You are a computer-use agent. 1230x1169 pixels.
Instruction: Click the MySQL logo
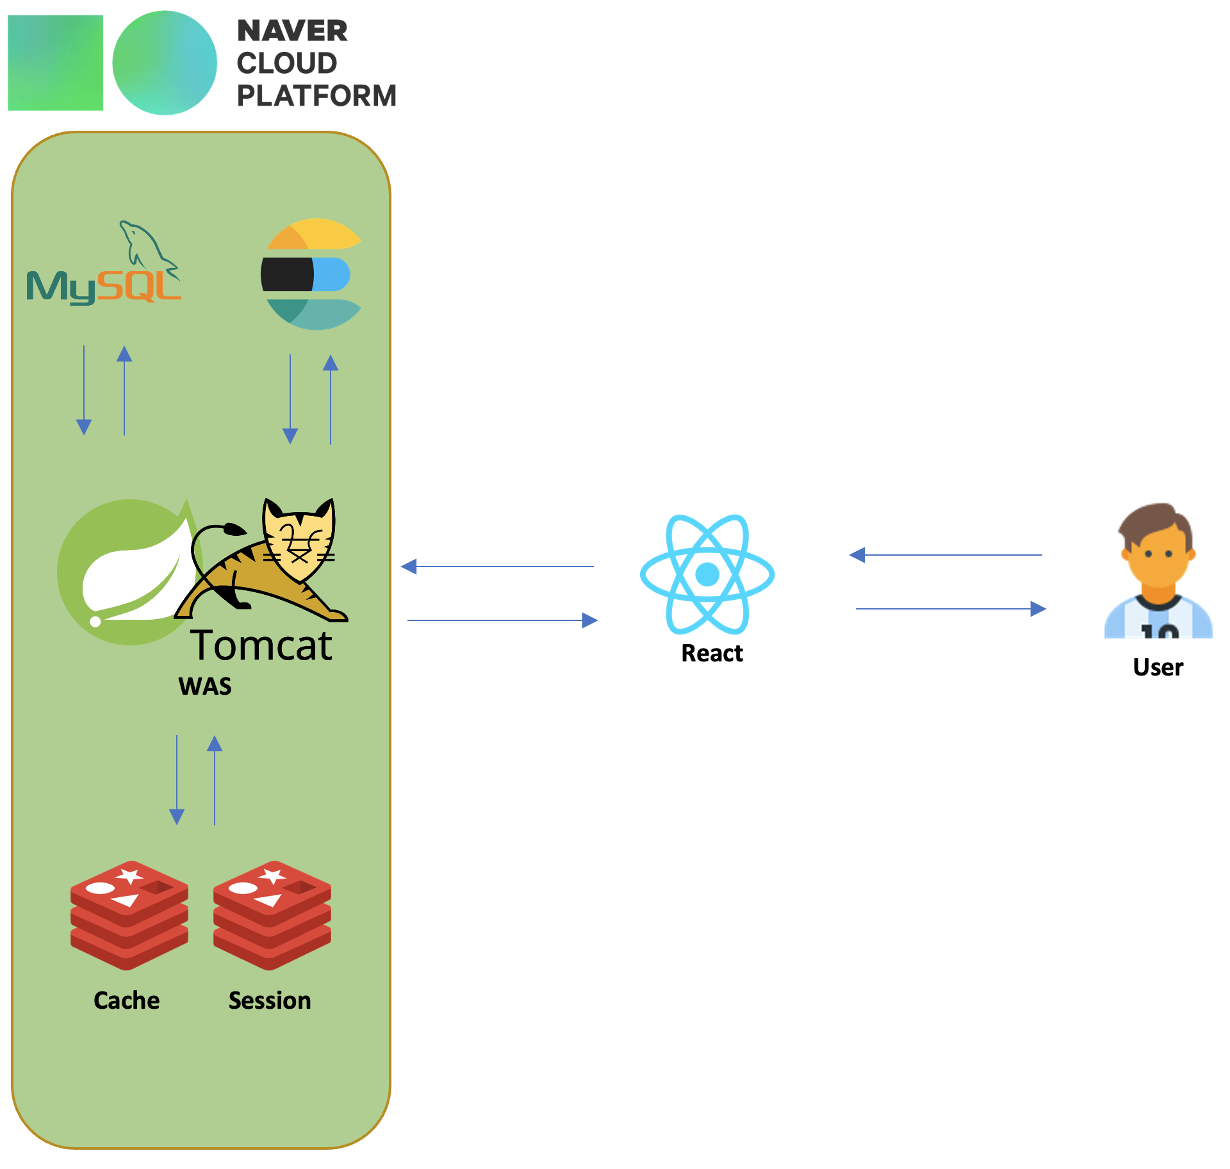click(x=104, y=269)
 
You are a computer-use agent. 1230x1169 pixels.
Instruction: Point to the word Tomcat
click(x=261, y=645)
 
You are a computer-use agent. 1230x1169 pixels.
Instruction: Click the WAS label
click(x=205, y=686)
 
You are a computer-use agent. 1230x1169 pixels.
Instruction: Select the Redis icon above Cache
click(x=129, y=915)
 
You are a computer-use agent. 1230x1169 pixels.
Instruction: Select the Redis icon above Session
click(x=272, y=915)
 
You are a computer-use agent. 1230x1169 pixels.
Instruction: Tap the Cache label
click(x=127, y=1000)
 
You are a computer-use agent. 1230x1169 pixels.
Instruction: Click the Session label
click(x=270, y=1000)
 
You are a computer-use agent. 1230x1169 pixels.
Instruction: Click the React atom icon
click(x=707, y=574)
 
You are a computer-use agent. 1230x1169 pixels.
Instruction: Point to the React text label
click(x=712, y=653)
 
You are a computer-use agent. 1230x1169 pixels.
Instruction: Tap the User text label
click(x=1158, y=667)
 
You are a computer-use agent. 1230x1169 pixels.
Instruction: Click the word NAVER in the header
click(x=292, y=31)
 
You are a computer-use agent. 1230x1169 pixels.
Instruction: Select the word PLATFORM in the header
click(x=316, y=95)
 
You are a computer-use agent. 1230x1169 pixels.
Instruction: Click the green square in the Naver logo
click(x=56, y=63)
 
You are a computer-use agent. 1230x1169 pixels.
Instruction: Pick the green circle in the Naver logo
click(x=165, y=63)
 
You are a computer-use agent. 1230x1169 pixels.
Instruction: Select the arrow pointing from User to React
click(x=946, y=555)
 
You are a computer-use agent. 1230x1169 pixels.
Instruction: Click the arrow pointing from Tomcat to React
click(x=502, y=620)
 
